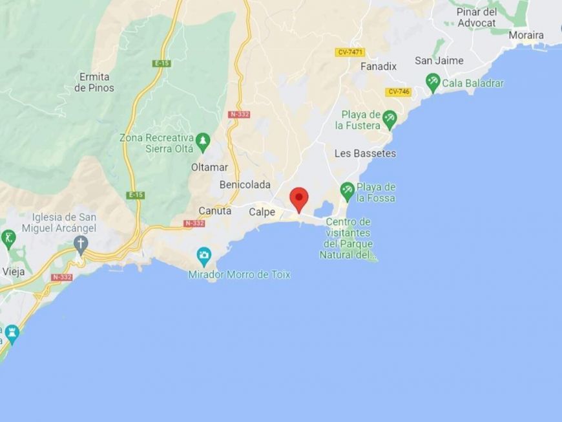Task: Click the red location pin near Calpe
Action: [298, 198]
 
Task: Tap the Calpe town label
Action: [262, 212]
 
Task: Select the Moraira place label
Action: [526, 35]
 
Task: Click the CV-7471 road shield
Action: [349, 52]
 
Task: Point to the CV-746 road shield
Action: [398, 92]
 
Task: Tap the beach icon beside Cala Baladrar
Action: [433, 82]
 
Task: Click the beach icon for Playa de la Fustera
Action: [389, 118]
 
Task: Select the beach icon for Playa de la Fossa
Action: [348, 191]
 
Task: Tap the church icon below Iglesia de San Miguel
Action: [80, 244]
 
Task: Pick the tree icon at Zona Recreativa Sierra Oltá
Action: [203, 139]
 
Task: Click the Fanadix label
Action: [379, 66]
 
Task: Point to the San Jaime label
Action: [439, 60]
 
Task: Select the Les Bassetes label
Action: [365, 153]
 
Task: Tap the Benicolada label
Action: [245, 184]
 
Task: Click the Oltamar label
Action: [209, 167]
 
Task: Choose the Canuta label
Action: [214, 210]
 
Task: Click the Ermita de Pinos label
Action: [94, 82]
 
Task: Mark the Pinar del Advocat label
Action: [476, 17]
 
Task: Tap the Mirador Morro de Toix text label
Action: [239, 274]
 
